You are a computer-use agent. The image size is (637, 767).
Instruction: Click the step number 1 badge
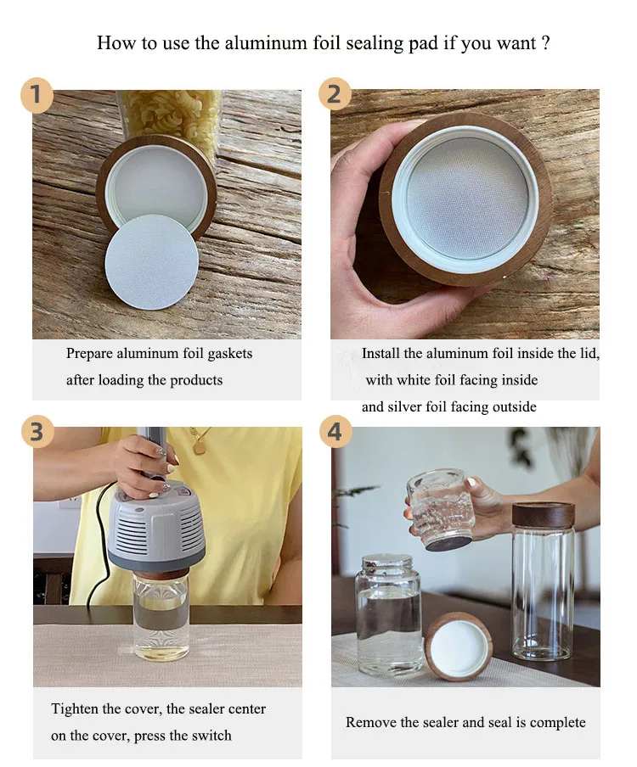(x=37, y=94)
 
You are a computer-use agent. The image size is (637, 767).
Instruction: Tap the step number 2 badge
(x=335, y=93)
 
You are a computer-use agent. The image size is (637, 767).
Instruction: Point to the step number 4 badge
(x=335, y=431)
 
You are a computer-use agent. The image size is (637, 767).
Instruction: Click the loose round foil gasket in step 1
(x=152, y=261)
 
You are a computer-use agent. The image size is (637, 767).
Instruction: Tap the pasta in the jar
(x=169, y=114)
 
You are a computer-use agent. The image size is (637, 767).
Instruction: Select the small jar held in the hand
(x=441, y=509)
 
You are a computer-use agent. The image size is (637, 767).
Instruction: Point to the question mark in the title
(x=546, y=43)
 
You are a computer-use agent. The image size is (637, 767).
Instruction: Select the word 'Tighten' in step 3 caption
(x=75, y=709)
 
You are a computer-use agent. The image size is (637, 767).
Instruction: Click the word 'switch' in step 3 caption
(x=211, y=736)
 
